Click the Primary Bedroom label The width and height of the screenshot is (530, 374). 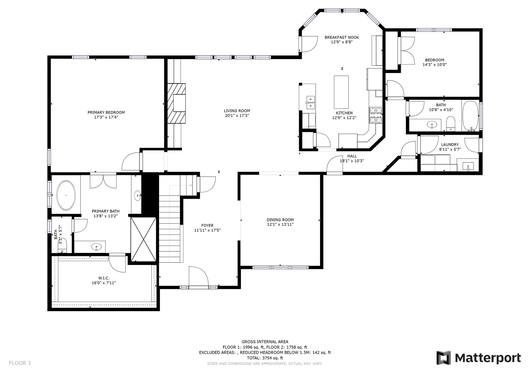tap(106, 112)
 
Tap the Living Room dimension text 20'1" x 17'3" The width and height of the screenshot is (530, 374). tap(237, 115)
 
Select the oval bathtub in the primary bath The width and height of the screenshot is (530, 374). tap(66, 195)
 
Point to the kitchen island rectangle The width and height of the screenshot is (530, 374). tap(341, 92)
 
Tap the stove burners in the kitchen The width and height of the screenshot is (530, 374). tap(376, 115)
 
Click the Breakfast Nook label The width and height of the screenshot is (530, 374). tap(342, 37)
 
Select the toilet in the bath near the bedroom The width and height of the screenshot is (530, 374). tap(450, 124)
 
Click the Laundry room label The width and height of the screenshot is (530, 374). tap(450, 145)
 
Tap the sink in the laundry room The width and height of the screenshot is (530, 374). tap(468, 166)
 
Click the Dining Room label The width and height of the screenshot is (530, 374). tap(280, 220)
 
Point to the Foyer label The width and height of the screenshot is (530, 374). tap(207, 226)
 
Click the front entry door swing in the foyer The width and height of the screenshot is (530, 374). tap(199, 276)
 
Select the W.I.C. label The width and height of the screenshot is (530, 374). tap(104, 278)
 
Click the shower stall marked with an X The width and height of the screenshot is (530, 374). tap(143, 239)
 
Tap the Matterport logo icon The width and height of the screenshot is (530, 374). tap(444, 358)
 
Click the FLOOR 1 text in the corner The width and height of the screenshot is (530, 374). tap(20, 363)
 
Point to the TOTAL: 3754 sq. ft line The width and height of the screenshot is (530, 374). tap(265, 358)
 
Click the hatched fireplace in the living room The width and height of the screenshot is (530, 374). tap(177, 103)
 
